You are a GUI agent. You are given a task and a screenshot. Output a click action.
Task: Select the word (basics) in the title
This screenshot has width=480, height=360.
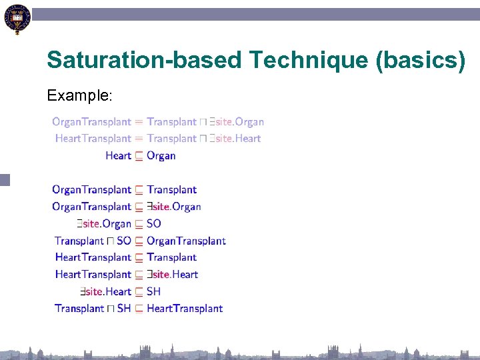pos(421,61)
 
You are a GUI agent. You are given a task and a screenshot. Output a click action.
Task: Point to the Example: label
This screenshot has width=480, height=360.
pos(79,96)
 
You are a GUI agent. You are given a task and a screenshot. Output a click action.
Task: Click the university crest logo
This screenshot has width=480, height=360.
pos(17,19)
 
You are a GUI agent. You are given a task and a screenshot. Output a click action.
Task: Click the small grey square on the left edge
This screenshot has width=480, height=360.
pos(5,179)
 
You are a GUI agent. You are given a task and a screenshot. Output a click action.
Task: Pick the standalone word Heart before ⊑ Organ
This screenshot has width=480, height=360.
pos(118,156)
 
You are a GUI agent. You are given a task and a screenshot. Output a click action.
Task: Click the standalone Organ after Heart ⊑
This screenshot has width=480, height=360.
pos(161,156)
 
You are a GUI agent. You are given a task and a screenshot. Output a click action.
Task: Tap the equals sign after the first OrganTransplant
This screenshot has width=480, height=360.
pos(139,122)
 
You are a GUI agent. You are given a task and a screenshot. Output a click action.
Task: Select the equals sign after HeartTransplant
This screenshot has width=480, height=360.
pos(139,139)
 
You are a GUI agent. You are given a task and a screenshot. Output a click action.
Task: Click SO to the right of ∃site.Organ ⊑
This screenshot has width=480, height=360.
pos(154,224)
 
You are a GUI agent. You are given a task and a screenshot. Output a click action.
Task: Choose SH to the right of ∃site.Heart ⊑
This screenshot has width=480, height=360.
pos(154,291)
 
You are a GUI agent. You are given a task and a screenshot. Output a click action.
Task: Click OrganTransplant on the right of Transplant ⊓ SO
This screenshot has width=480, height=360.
pos(186,241)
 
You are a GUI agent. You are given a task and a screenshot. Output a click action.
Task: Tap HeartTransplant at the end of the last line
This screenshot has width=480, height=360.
pos(185,309)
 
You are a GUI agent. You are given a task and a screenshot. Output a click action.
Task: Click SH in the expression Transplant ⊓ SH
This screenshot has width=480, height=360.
pos(123,309)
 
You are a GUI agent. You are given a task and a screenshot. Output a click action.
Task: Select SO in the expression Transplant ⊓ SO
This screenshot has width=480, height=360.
pos(123,241)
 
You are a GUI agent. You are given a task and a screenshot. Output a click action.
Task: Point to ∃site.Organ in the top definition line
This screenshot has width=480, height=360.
pos(237,122)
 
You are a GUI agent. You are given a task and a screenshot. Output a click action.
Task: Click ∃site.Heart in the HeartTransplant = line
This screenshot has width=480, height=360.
pos(235,139)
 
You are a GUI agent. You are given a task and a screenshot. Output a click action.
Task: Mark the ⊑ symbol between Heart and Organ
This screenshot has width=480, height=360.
pos(139,156)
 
